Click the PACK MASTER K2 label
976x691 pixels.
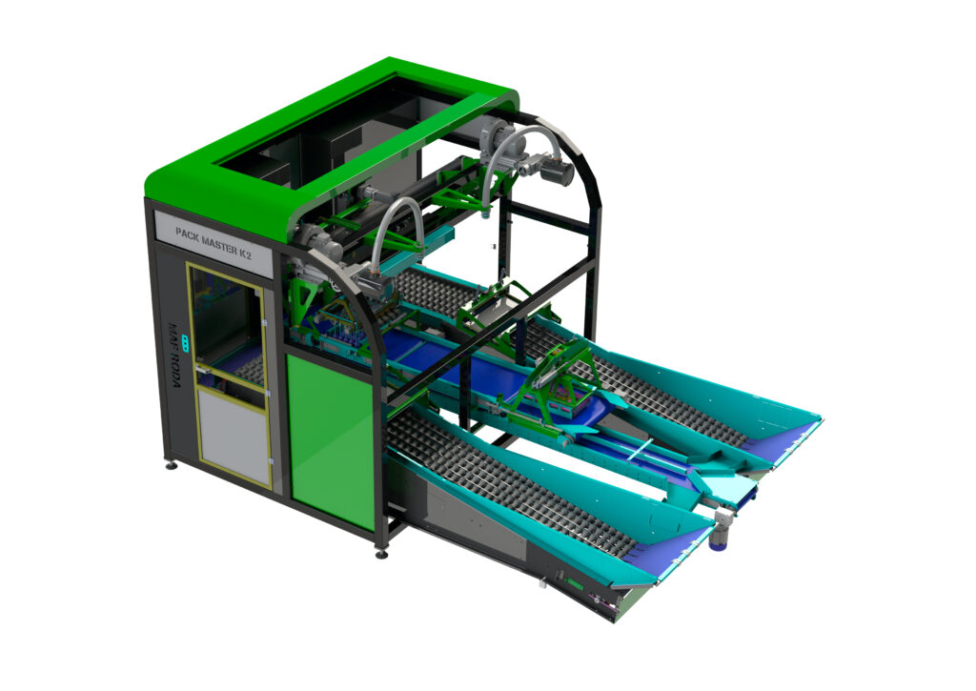pos(213,241)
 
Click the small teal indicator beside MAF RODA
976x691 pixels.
pos(185,341)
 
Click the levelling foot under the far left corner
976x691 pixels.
pos(170,464)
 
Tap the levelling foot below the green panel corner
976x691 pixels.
pos(381,552)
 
